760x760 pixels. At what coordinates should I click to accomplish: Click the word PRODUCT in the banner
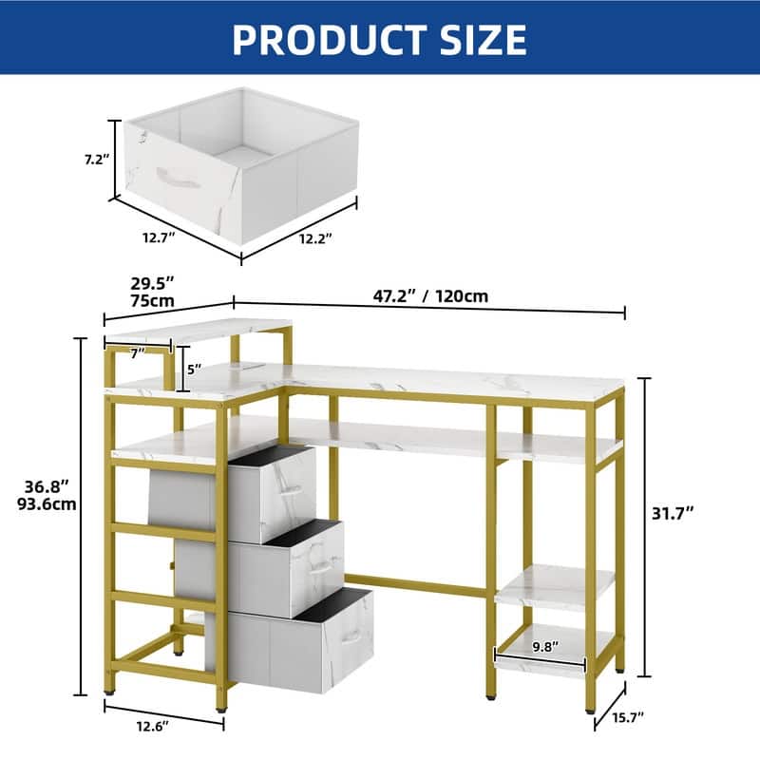tap(329, 39)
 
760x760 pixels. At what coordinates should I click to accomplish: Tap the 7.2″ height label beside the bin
tap(97, 159)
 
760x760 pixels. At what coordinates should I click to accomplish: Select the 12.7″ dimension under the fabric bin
tap(159, 237)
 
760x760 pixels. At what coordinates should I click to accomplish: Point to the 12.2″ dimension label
tap(315, 238)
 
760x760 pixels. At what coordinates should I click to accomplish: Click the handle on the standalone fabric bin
tap(178, 179)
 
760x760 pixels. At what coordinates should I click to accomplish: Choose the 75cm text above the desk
tap(152, 300)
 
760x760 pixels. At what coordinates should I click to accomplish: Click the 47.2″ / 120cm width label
tap(430, 295)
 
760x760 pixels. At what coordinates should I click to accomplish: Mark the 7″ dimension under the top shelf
tap(138, 353)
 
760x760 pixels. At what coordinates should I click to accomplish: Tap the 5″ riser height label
tap(194, 370)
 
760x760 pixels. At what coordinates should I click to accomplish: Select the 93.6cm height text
tap(47, 504)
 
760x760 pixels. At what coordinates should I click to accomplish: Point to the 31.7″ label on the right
tap(673, 513)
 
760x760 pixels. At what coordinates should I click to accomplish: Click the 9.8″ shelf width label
tap(545, 646)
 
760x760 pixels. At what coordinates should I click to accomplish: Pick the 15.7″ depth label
tap(628, 717)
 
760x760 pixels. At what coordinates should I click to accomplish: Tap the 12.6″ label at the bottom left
tap(153, 726)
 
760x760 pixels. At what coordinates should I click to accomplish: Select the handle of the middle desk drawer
tap(321, 565)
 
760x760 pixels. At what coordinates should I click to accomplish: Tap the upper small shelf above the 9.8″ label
tap(555, 585)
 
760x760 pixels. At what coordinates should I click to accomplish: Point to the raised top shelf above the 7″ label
tap(199, 330)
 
